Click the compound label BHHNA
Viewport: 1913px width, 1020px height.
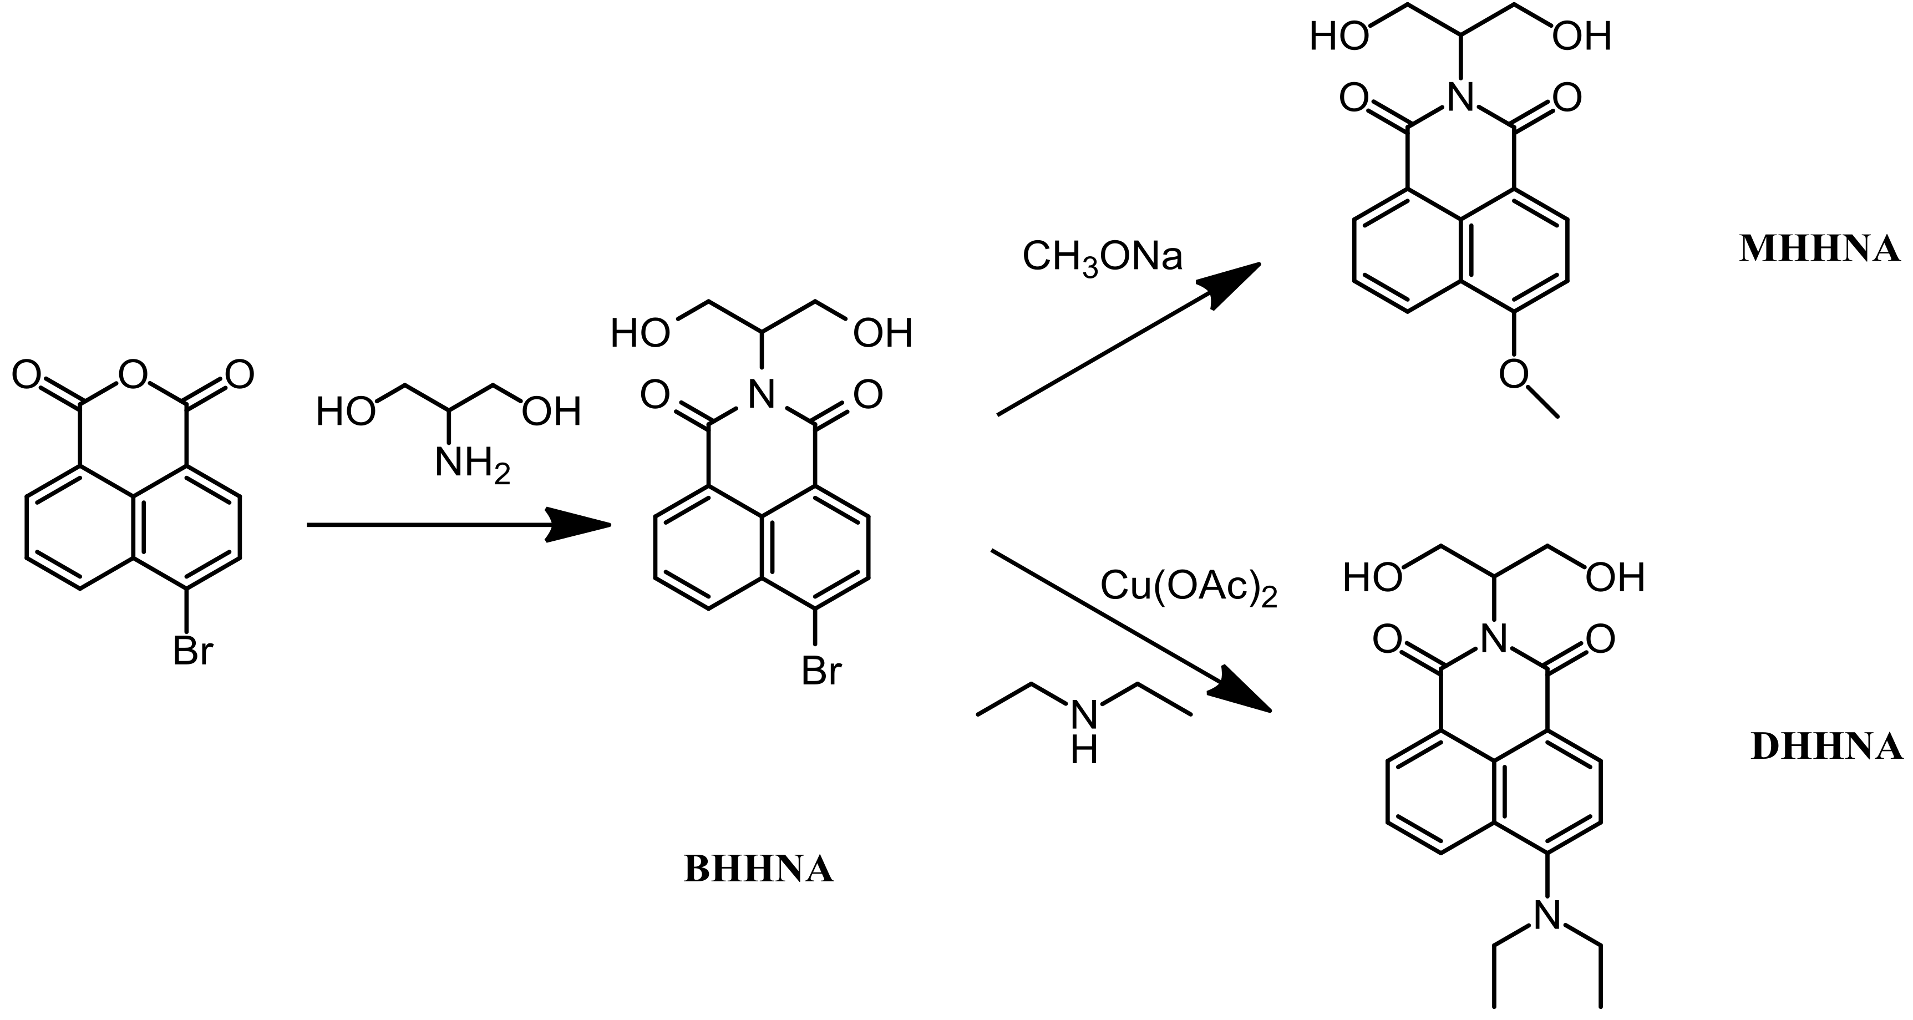(758, 869)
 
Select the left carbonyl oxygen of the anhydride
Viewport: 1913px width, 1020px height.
(26, 375)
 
